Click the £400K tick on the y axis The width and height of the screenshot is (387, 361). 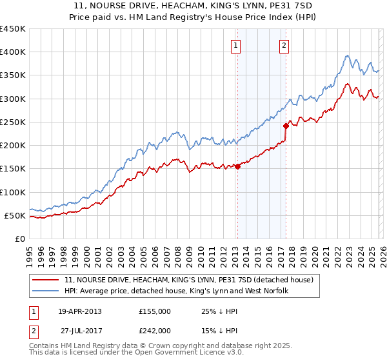tap(13, 52)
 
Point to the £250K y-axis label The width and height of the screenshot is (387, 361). tap(13, 122)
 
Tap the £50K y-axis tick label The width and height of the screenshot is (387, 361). tap(15, 215)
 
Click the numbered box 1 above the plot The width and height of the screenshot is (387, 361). tap(236, 46)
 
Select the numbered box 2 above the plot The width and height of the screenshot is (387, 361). tap(284, 46)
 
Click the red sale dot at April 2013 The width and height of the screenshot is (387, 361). tap(237, 166)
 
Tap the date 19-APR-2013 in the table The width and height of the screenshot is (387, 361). tap(80, 311)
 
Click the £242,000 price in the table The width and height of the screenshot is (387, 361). tap(154, 329)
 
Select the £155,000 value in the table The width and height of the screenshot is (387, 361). tap(154, 311)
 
